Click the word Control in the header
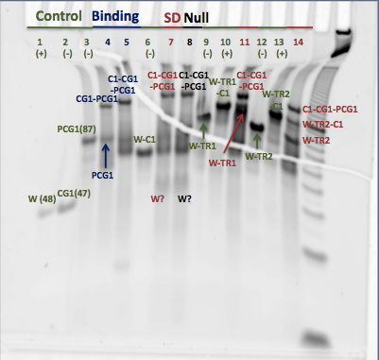click(x=59, y=16)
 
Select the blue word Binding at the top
click(x=115, y=16)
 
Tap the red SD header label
click(x=172, y=18)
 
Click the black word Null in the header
click(x=197, y=18)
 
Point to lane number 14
click(x=298, y=43)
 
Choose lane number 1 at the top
click(x=40, y=43)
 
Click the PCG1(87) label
click(x=77, y=129)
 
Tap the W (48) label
click(x=42, y=199)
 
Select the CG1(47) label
click(x=74, y=194)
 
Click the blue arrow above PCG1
click(x=106, y=156)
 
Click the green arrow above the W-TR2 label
click(x=257, y=142)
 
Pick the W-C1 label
click(x=145, y=139)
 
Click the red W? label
click(x=158, y=199)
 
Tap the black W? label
click(x=184, y=199)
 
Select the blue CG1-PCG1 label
click(x=96, y=99)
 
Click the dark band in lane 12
click(x=256, y=128)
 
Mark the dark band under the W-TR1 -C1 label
click(x=224, y=106)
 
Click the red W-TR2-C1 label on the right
click(x=323, y=125)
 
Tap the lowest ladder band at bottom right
click(x=315, y=339)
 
